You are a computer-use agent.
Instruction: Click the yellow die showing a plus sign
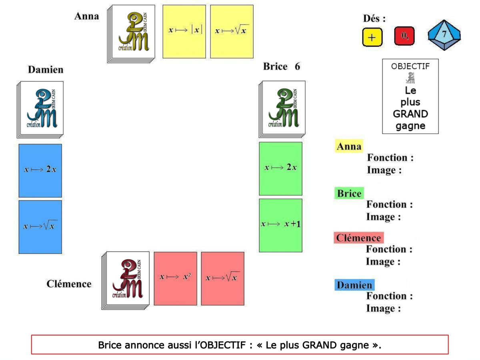click(372, 37)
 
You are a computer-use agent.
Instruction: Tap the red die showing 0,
click(404, 36)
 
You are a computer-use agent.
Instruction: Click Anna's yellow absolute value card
click(184, 31)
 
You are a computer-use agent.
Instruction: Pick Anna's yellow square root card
click(232, 31)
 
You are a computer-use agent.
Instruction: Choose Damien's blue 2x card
click(40, 170)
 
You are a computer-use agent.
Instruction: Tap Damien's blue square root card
click(40, 226)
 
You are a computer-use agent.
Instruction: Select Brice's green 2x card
click(280, 168)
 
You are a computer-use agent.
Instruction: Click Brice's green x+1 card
click(280, 225)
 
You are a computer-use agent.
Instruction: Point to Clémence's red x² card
click(175, 278)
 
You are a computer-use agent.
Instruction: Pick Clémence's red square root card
click(222, 278)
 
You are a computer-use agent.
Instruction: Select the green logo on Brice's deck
click(284, 107)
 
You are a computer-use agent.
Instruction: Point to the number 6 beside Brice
click(297, 66)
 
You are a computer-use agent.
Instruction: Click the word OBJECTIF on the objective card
click(410, 66)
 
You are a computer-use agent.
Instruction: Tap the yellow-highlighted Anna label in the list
click(349, 146)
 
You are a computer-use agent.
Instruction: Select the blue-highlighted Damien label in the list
click(354, 285)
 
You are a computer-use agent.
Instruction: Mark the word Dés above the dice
click(374, 18)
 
